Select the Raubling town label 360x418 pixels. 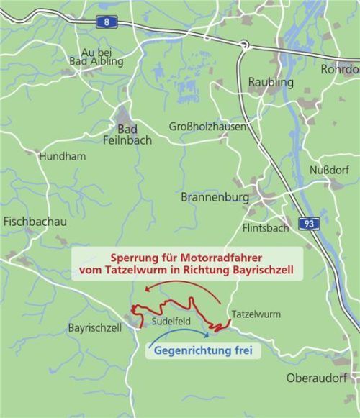pyautogui.click(x=271, y=82)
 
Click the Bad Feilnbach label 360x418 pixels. pyautogui.click(x=134, y=135)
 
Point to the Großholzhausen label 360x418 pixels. pyautogui.click(x=207, y=127)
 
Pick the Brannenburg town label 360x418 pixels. pyautogui.click(x=215, y=196)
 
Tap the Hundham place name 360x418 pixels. pyautogui.click(x=63, y=156)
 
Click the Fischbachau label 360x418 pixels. pyautogui.click(x=35, y=222)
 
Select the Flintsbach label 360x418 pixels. pyautogui.click(x=266, y=228)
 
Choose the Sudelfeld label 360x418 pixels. pyautogui.click(x=171, y=322)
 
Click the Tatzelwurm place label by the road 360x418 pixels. pyautogui.click(x=256, y=314)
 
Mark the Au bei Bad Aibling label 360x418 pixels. pyautogui.click(x=96, y=57)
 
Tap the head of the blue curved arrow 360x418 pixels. pyautogui.click(x=210, y=334)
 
